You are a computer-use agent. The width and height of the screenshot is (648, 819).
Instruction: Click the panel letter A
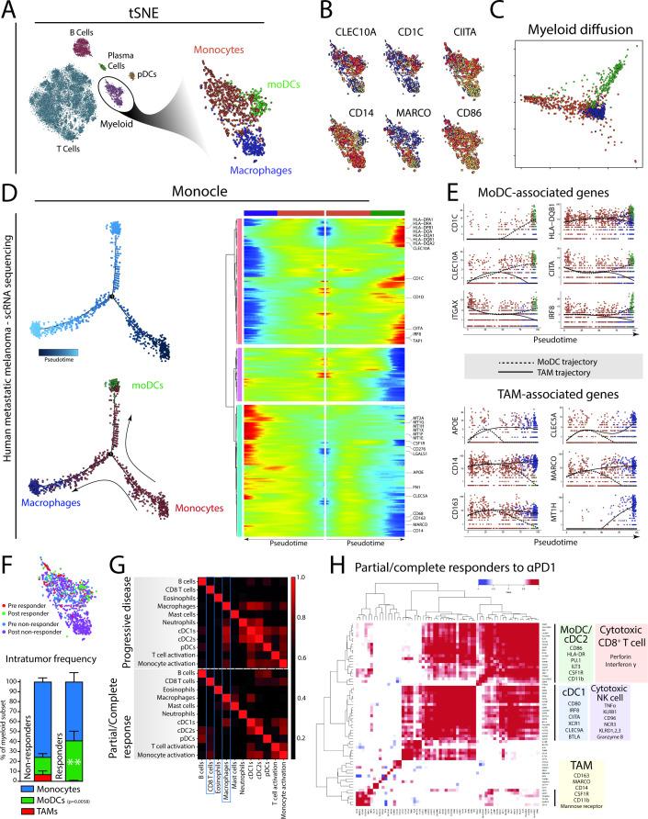7,9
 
